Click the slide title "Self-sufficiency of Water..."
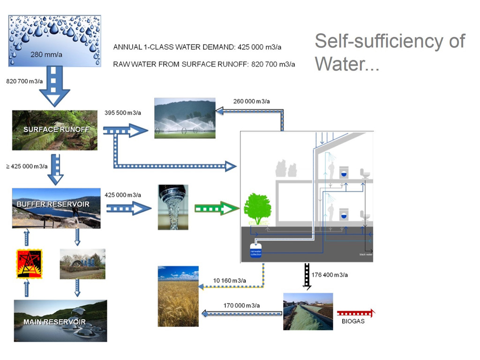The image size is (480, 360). (x=390, y=52)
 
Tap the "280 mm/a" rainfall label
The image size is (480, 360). (x=44, y=54)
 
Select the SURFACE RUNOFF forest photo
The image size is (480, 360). (x=54, y=130)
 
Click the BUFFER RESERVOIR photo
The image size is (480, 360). (x=56, y=208)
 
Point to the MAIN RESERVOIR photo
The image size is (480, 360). (x=60, y=321)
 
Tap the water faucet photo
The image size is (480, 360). (x=173, y=207)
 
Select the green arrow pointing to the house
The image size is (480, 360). (x=214, y=208)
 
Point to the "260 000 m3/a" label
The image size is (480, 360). (x=251, y=101)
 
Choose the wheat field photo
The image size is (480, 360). (x=178, y=296)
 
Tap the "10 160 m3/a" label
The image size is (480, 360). (x=229, y=280)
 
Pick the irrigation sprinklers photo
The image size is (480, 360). (x=185, y=118)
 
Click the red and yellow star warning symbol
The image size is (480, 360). (x=29, y=264)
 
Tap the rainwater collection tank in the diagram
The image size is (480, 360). (x=255, y=252)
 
